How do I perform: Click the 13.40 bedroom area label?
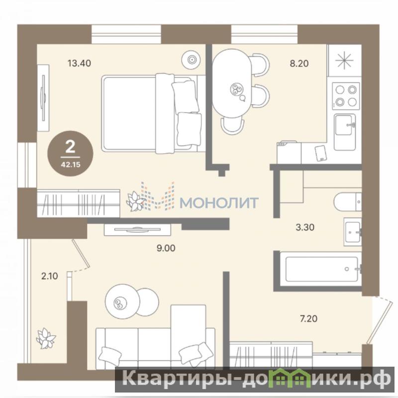79,63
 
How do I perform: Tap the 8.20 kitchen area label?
299,63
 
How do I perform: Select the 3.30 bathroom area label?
305,227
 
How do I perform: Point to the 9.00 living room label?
166,248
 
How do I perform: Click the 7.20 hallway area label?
308,318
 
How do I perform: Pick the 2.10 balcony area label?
49,276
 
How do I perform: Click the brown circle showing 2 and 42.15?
70,154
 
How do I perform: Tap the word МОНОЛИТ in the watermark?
219,203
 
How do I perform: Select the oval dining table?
232,83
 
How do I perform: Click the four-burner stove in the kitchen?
346,96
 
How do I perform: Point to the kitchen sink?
345,132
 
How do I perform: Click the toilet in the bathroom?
347,202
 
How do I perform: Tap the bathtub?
321,269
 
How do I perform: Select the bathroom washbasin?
353,231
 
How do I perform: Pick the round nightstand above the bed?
191,60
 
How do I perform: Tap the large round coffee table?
122,301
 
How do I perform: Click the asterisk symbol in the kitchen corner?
344,60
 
